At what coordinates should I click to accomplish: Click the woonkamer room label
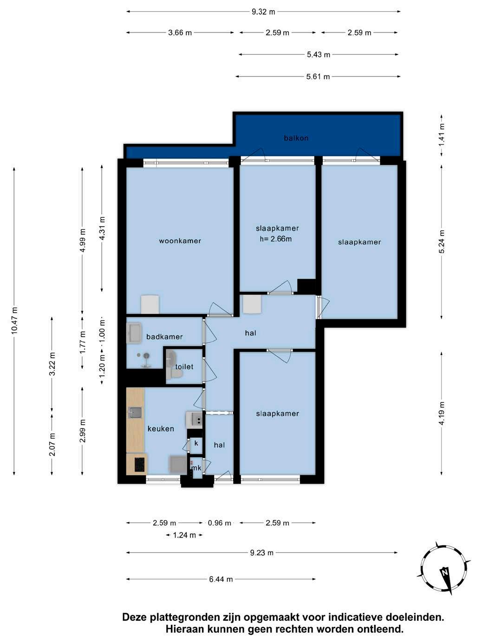point(180,241)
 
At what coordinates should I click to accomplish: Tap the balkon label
point(296,138)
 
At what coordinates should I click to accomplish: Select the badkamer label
point(164,337)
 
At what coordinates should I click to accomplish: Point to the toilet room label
point(184,367)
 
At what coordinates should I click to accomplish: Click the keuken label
point(161,428)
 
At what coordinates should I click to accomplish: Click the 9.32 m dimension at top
point(263,12)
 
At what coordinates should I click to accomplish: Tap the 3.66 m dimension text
point(180,33)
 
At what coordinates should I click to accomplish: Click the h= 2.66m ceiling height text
point(276,239)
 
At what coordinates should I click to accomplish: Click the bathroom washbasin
point(134,333)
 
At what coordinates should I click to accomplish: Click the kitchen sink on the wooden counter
point(135,413)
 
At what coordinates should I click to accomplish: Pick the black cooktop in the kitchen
point(140,464)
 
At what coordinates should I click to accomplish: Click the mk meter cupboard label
point(196,468)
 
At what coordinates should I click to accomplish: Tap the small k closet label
point(196,443)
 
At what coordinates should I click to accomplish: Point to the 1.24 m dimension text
point(184,535)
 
